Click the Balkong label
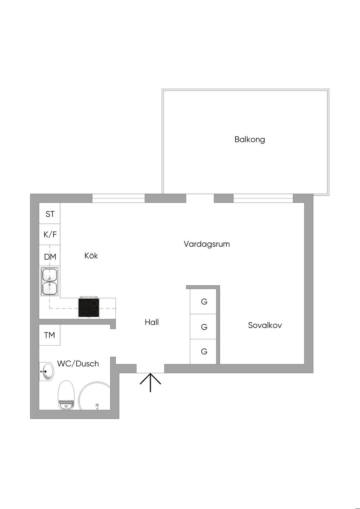click(x=250, y=139)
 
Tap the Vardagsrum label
click(x=207, y=244)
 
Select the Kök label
click(x=91, y=256)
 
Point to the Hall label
click(x=152, y=322)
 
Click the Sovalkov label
click(x=265, y=325)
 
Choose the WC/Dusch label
click(x=78, y=364)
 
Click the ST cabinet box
click(x=50, y=214)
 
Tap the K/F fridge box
click(x=50, y=234)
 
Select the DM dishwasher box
click(x=50, y=256)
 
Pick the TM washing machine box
click(x=50, y=335)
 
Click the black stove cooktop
click(x=89, y=308)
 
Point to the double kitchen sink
click(x=50, y=282)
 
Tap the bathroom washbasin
click(x=46, y=371)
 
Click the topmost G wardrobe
click(x=204, y=301)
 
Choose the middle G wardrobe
click(x=204, y=327)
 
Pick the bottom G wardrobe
click(x=204, y=352)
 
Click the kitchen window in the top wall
click(x=118, y=199)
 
